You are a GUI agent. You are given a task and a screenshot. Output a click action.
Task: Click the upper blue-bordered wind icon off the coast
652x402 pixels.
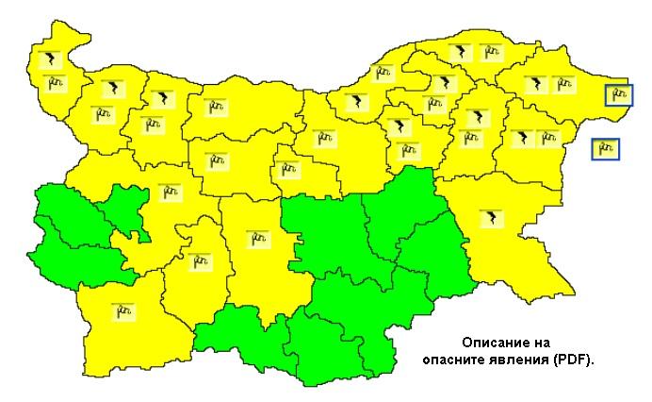(x=619, y=95)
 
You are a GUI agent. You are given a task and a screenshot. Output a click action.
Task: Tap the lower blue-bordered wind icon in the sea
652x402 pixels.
(x=605, y=148)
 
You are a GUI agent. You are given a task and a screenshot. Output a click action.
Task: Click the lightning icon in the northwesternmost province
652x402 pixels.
(x=48, y=61)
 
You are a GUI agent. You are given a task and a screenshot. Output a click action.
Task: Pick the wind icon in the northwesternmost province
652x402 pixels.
(x=54, y=83)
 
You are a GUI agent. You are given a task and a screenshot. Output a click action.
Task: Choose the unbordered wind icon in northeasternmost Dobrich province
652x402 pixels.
(x=562, y=85)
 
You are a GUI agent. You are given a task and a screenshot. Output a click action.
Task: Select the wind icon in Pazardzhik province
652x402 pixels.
(x=199, y=260)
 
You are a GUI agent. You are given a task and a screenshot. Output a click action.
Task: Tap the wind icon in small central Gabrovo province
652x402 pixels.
(x=288, y=170)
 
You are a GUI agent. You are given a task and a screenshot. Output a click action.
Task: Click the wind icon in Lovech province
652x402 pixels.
(x=217, y=160)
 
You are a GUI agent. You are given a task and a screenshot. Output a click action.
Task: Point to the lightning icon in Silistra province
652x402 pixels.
(x=462, y=52)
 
